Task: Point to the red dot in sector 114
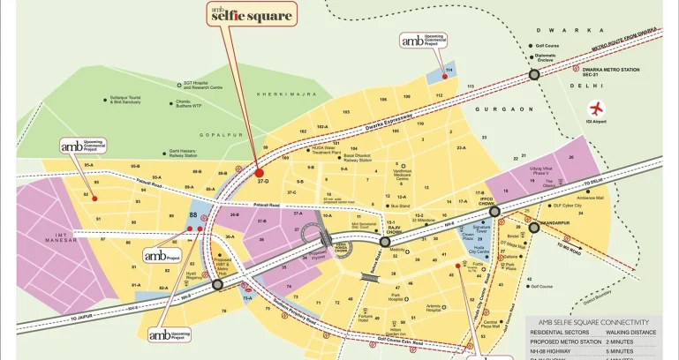(x=444, y=76)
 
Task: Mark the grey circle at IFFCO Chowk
(x=494, y=212)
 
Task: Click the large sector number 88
(x=192, y=214)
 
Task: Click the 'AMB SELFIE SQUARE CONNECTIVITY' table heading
(x=593, y=323)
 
